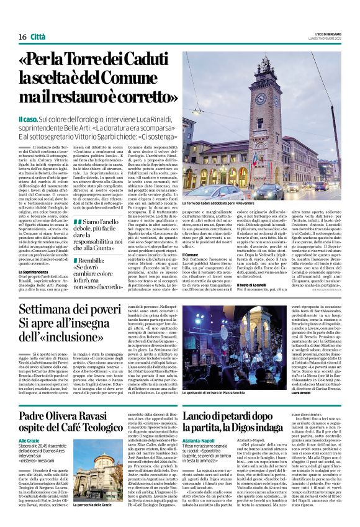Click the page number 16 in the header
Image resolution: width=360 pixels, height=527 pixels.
point(22,37)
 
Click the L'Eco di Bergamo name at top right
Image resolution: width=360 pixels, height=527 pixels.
point(323,33)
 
